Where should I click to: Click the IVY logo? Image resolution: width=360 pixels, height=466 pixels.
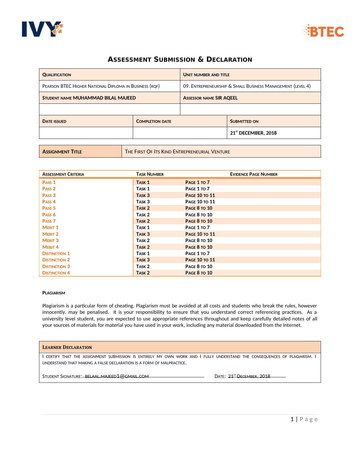pyautogui.click(x=42, y=29)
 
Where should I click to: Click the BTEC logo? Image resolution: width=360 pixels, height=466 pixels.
pyautogui.click(x=323, y=31)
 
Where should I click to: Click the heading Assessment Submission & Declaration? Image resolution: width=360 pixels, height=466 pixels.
pyautogui.click(x=180, y=60)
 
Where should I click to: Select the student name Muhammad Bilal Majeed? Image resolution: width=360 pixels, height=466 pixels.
pyautogui.click(x=104, y=98)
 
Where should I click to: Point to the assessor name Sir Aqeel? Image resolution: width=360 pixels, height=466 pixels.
pyautogui.click(x=226, y=98)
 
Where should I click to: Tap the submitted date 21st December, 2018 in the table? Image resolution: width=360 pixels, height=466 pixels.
pyautogui.click(x=253, y=133)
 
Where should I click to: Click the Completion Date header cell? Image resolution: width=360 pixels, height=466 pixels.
pyautogui.click(x=154, y=121)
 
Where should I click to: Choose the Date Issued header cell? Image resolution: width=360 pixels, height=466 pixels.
pyautogui.click(x=54, y=121)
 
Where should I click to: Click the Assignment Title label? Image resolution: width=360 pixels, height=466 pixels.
pyautogui.click(x=62, y=152)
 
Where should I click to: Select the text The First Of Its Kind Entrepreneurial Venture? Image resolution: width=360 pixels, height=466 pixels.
pyautogui.click(x=177, y=152)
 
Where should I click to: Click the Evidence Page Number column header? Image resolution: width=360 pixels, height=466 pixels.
pyautogui.click(x=254, y=174)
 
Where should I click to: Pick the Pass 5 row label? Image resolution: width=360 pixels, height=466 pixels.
pyautogui.click(x=49, y=208)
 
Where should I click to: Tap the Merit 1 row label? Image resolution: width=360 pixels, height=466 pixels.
pyautogui.click(x=51, y=228)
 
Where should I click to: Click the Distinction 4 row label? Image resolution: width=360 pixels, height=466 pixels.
pyautogui.click(x=56, y=273)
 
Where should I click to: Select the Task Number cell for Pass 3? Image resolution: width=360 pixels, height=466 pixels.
pyautogui.click(x=143, y=195)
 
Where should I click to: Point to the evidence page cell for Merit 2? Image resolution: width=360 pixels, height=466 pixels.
pyautogui.click(x=200, y=234)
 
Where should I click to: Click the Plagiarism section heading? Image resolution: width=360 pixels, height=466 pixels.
pyautogui.click(x=54, y=293)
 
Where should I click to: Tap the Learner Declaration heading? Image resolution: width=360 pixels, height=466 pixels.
pyautogui.click(x=67, y=347)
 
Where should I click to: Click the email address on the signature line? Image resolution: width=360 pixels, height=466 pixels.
pyautogui.click(x=117, y=376)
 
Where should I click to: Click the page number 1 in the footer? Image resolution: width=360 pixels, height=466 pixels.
pyautogui.click(x=292, y=419)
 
